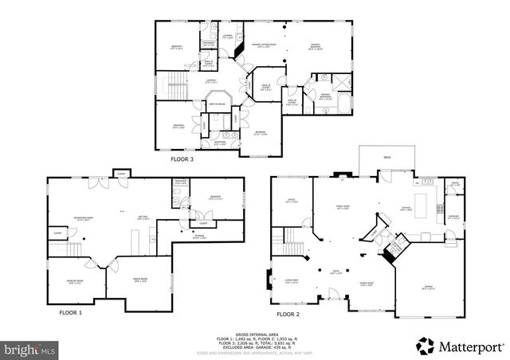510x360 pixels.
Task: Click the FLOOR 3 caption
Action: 182,159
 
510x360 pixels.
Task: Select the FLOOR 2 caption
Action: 288,314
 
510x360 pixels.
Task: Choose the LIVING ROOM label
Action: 290,280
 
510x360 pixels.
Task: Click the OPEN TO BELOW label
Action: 218,104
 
